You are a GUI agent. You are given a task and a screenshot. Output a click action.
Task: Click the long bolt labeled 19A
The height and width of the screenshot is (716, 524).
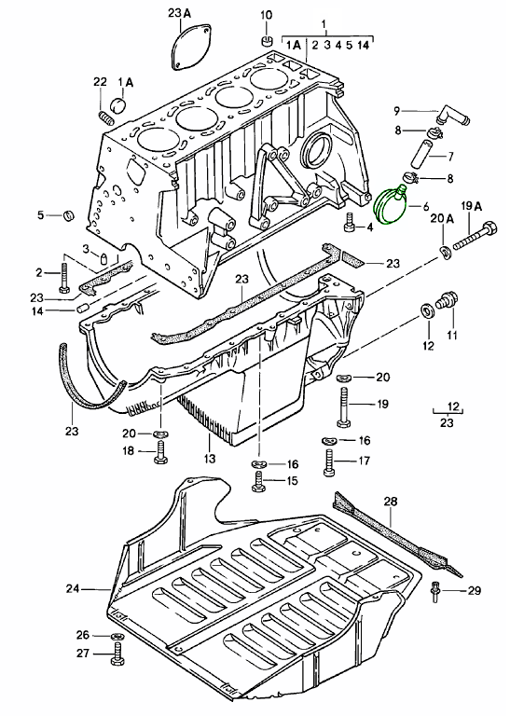[478, 235]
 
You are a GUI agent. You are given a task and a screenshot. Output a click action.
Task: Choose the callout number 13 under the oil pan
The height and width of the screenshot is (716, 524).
[210, 460]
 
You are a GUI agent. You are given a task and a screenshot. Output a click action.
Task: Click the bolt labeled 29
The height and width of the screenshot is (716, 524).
[435, 591]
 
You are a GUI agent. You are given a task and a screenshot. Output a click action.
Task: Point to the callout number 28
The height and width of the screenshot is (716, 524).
[391, 503]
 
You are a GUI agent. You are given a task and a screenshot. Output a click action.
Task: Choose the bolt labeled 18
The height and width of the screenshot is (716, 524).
[160, 451]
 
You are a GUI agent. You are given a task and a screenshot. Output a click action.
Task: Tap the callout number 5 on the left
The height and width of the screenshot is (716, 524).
[40, 215]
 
